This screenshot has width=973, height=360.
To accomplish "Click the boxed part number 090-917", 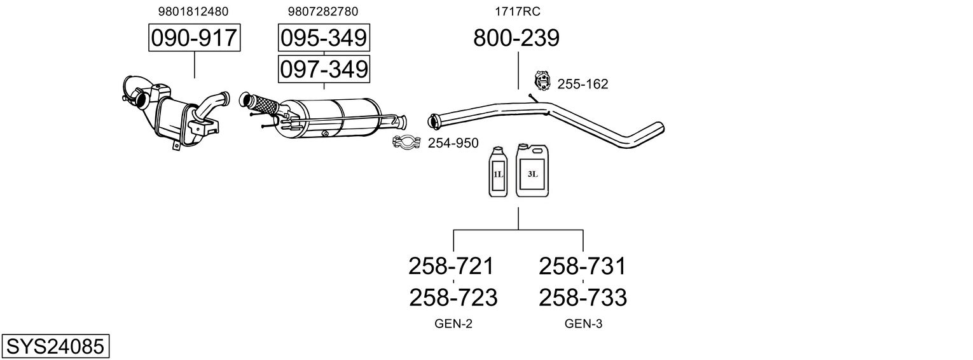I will click(x=194, y=38).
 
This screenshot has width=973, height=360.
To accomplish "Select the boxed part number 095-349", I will click(x=324, y=38).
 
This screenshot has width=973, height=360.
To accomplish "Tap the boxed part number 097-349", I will click(x=324, y=69).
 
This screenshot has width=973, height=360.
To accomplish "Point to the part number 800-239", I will click(x=516, y=38).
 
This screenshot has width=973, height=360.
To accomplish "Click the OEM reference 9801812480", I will click(x=194, y=11).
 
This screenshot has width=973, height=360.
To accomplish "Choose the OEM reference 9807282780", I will click(x=322, y=11).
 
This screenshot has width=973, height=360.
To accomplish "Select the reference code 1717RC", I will click(x=518, y=11).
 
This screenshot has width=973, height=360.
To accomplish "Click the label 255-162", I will click(x=583, y=84).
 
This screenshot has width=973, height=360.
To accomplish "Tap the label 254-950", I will click(x=453, y=144).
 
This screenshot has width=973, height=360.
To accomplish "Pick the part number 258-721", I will click(x=451, y=266).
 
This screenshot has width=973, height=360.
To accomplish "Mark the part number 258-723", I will click(x=453, y=297).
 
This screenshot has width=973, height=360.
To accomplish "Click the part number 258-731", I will click(x=582, y=266).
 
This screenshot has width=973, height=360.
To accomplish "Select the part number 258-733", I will click(x=583, y=297).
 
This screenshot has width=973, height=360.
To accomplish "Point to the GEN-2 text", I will click(x=453, y=324).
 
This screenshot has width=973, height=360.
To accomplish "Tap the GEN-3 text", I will click(x=583, y=324).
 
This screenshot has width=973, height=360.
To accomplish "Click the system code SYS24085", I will click(x=55, y=347).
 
